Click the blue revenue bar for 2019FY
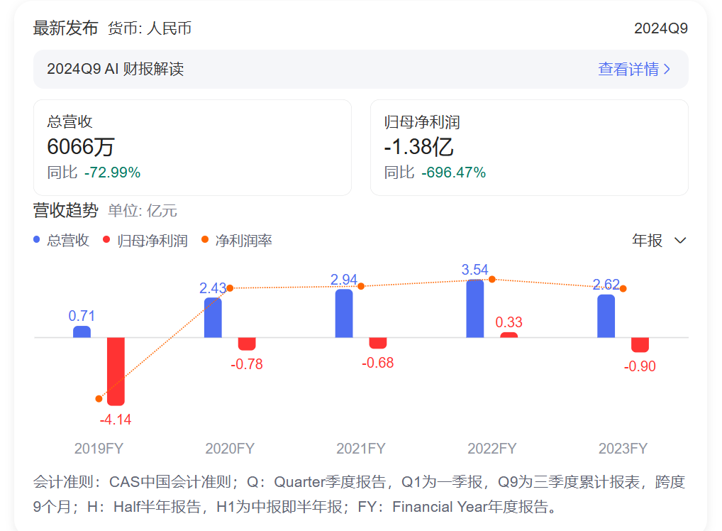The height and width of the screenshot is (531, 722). (82, 332)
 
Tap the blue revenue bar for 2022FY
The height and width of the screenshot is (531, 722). (475, 309)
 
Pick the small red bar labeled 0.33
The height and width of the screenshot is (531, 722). (509, 335)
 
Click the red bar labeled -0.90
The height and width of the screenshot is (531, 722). (640, 344)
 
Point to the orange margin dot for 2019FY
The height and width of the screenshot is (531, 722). (99, 399)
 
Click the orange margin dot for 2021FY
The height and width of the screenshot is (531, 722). (361, 286)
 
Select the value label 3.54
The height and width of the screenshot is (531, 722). (475, 270)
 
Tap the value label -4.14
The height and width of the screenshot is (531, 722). (116, 420)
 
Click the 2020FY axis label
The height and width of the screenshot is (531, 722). (230, 449)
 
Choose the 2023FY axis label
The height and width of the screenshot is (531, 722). (623, 449)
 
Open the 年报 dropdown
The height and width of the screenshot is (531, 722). (659, 241)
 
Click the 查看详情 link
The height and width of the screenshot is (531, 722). (633, 69)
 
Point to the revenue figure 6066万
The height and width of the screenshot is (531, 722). (80, 147)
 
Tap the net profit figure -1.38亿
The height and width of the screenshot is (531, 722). (418, 147)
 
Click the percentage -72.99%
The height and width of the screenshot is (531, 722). (112, 173)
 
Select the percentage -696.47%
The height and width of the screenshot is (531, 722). (453, 173)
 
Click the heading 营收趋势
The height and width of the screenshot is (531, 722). (65, 210)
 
